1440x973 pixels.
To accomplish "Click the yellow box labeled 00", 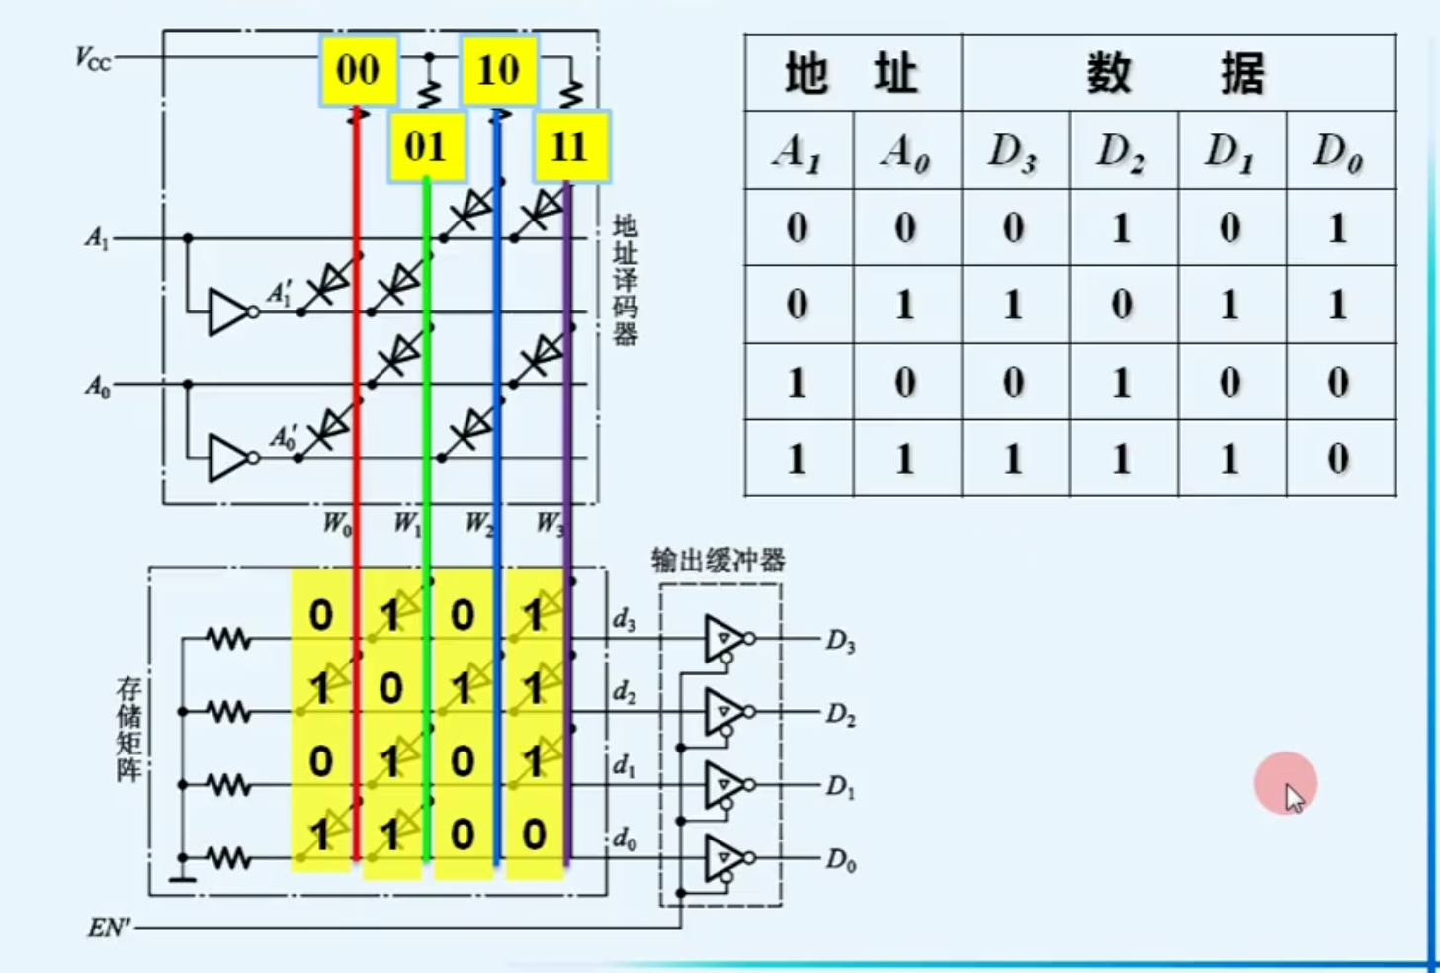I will [x=358, y=70].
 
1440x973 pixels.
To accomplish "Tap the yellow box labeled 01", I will [x=426, y=146].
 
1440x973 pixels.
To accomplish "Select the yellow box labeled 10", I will [x=498, y=70].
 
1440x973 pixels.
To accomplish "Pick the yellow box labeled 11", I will [x=570, y=146].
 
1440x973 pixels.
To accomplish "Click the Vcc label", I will [x=93, y=59].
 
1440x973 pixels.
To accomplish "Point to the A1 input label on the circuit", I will [x=96, y=238].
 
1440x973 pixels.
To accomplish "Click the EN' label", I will [x=109, y=928].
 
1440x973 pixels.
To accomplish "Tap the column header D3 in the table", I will [x=1014, y=151].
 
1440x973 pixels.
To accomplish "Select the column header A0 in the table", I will [x=906, y=151].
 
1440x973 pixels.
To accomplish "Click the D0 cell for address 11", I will [x=1339, y=459].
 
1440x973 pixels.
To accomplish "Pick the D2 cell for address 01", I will [x=1122, y=305].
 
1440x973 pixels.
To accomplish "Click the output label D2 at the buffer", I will [x=840, y=714].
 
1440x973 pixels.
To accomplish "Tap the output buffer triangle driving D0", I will [x=722, y=858].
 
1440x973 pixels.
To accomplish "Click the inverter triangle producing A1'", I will [x=228, y=311].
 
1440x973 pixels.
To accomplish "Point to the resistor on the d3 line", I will [x=229, y=639].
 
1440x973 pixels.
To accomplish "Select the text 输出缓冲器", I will [x=719, y=561].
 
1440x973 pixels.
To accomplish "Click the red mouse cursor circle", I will [x=1285, y=784].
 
